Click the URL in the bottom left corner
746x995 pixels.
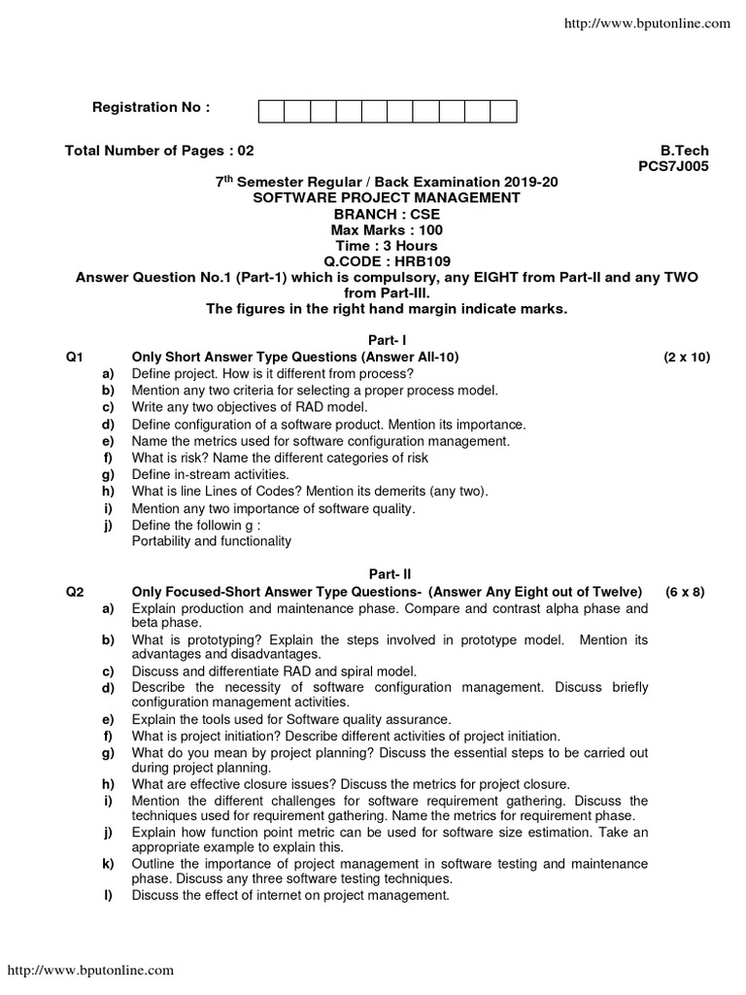coord(91,970)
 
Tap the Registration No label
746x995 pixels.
coord(151,107)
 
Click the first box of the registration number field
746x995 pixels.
coord(271,112)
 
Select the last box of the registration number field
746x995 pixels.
coord(503,112)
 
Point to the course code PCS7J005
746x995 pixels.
coord(673,166)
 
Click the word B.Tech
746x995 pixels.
coord(685,151)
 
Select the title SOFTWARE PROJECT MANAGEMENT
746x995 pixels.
coord(386,197)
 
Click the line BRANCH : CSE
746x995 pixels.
coord(386,213)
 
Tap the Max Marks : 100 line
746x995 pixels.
coord(386,228)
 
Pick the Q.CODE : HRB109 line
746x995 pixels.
coord(386,262)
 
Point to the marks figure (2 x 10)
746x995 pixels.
coord(687,358)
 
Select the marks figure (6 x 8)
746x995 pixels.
coord(685,591)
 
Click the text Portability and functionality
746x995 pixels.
coord(211,541)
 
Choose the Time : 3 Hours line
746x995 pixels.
coord(386,246)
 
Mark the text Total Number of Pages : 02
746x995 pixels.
coord(158,151)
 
